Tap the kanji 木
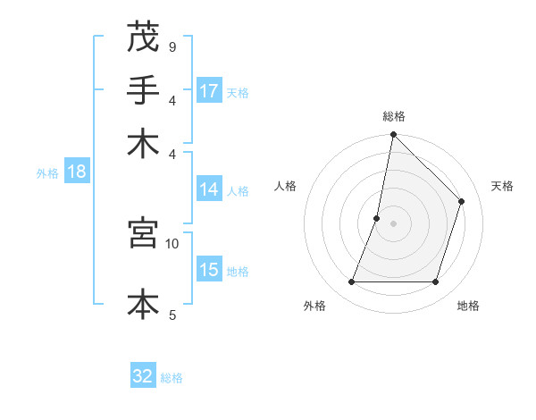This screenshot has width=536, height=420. click(143, 144)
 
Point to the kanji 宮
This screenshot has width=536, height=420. click(143, 233)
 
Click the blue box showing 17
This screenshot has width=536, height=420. click(209, 91)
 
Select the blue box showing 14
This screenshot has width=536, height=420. click(209, 189)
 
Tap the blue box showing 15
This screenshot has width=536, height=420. click(209, 270)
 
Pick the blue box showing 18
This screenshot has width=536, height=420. click(76, 172)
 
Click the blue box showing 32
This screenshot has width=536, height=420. click(143, 376)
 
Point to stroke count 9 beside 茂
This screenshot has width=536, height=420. click(172, 46)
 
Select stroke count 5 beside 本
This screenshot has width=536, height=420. click(172, 315)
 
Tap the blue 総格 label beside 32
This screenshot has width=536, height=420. click(172, 378)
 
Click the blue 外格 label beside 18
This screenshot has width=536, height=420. click(47, 173)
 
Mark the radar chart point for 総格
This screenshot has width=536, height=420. click(393, 136)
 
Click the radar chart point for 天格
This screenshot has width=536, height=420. click(462, 201)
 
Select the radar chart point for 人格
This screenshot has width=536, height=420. click(377, 218)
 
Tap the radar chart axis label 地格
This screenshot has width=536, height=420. click(468, 307)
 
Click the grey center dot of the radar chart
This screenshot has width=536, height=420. click(393, 223)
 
